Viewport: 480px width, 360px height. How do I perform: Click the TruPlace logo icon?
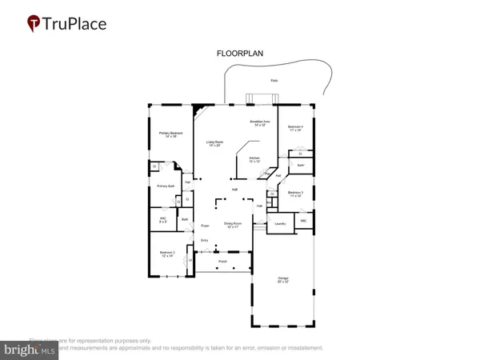[x=33, y=23]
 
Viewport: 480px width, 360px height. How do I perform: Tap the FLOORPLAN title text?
[x=240, y=54]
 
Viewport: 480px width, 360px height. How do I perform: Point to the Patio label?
[x=274, y=81]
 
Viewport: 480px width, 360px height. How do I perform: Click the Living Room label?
[x=215, y=143]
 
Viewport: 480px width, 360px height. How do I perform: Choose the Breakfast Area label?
[x=262, y=123]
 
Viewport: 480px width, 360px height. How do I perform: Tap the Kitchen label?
[x=254, y=159]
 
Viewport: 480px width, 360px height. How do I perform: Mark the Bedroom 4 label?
[x=295, y=128]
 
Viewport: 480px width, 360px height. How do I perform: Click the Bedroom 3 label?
[x=295, y=193]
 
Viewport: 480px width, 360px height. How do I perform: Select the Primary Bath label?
[x=166, y=186]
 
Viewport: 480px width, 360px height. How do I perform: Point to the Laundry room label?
[x=280, y=223]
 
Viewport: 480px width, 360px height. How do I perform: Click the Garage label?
[x=282, y=280]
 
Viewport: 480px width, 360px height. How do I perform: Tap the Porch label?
[x=222, y=261]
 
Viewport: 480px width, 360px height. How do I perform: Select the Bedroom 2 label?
[x=166, y=254]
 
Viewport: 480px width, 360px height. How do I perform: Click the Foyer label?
[x=205, y=226]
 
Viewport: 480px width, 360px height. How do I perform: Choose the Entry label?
[x=204, y=240]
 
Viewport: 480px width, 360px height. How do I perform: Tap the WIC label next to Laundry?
[x=303, y=220]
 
